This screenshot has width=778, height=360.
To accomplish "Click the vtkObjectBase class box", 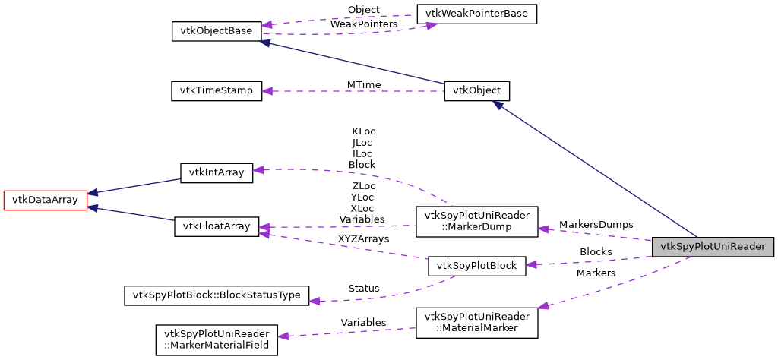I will tap(217, 31).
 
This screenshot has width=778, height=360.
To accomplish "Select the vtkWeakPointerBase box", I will tap(476, 14).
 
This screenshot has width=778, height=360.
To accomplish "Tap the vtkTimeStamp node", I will tap(217, 90).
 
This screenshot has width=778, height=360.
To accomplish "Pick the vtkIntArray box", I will tap(216, 172).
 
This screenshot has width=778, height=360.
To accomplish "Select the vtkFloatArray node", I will tap(217, 226).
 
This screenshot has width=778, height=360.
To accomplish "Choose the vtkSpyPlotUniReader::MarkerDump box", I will tap(476, 220).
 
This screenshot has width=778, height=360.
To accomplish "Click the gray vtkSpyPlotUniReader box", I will tap(713, 247).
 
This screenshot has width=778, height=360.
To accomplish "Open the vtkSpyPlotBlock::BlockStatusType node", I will tap(217, 295).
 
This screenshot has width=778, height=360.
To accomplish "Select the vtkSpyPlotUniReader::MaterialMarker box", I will tap(476, 322).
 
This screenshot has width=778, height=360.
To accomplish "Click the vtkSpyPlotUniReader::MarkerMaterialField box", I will tap(217, 340).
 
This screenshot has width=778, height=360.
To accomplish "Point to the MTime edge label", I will tap(364, 84).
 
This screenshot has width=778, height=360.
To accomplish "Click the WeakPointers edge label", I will tap(363, 24).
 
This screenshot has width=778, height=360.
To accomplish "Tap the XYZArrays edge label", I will tap(363, 238).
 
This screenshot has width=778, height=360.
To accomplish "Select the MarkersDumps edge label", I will tap(596, 225).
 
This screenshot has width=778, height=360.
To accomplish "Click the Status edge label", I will tap(363, 289).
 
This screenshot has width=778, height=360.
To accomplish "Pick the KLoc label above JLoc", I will tap(363, 131).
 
